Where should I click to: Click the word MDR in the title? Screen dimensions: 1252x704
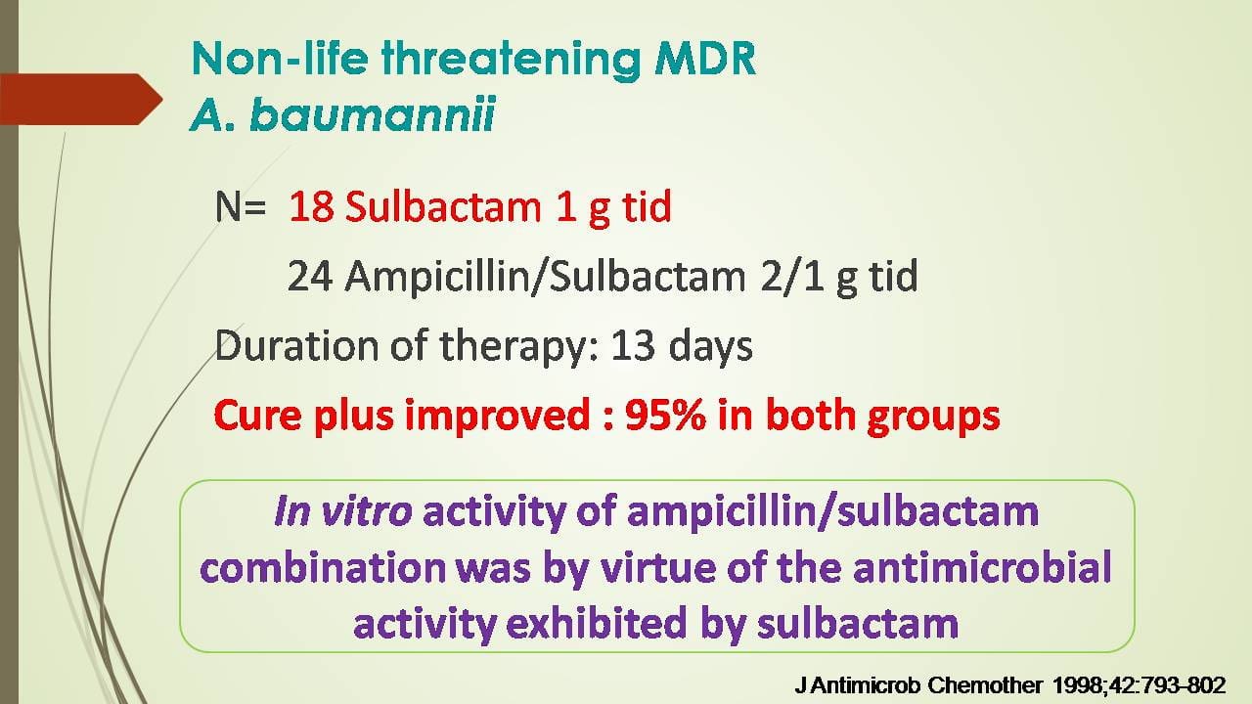[x=705, y=59]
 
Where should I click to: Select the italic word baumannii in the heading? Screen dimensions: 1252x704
[x=373, y=115]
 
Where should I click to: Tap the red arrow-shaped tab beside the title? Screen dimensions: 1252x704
[x=81, y=99]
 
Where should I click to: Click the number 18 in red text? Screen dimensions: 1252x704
[x=311, y=206]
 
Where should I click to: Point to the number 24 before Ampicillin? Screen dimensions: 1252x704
[x=310, y=276]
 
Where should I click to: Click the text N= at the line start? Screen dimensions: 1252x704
[x=241, y=207]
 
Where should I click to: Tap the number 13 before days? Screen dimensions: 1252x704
[x=633, y=346]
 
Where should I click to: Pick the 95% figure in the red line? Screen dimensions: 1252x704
[x=665, y=416]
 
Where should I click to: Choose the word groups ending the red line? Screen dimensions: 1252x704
[x=933, y=418]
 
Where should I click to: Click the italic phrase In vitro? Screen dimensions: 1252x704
[x=343, y=511]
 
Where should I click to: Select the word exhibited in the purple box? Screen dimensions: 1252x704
[x=596, y=623]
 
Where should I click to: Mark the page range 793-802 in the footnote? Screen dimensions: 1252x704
[x=1187, y=685]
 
